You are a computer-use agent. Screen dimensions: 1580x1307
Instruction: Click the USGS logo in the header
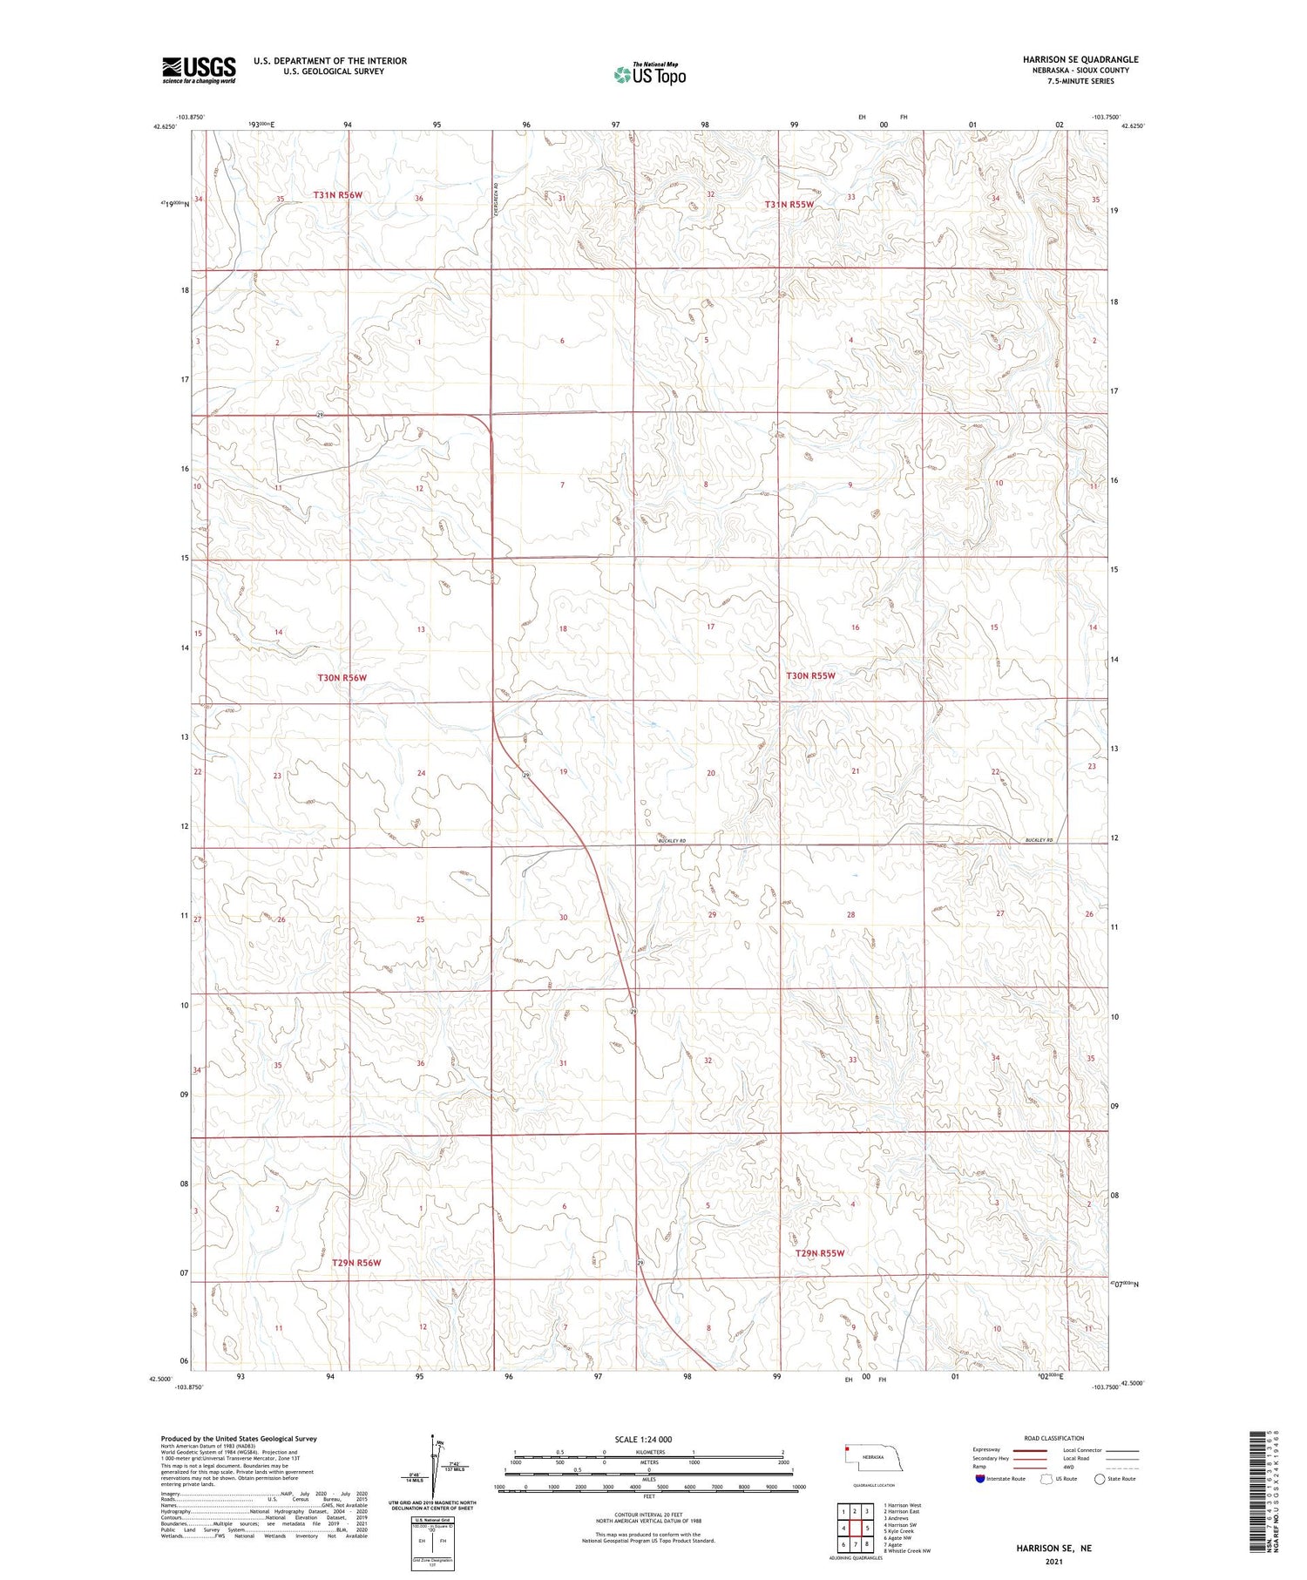[199, 70]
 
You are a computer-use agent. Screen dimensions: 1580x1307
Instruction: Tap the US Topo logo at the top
[650, 74]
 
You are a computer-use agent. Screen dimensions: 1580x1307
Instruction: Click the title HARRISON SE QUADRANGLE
[1080, 59]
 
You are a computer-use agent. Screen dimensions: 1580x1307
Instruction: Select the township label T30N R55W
[810, 675]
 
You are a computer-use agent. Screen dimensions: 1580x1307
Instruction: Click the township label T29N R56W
[356, 1262]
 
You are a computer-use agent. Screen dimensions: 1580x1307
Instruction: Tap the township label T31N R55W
[789, 204]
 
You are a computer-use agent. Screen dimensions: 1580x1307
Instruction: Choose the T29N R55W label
[820, 1253]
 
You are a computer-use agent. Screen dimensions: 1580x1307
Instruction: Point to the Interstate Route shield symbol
[980, 1479]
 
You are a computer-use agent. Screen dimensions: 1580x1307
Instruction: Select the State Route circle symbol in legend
[1100, 1479]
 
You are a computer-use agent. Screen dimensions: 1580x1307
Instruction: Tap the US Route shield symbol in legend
[1046, 1479]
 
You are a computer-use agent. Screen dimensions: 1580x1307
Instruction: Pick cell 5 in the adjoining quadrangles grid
[867, 1528]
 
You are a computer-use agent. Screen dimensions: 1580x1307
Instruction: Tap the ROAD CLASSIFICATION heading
[1054, 1438]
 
